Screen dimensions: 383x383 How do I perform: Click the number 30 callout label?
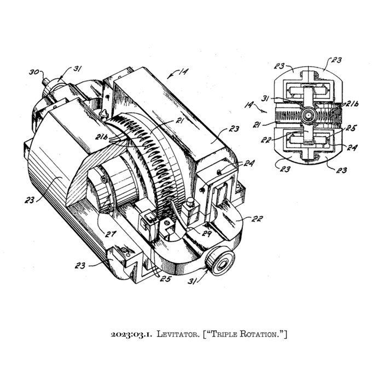point(33,71)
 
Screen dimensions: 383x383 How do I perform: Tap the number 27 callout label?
point(111,235)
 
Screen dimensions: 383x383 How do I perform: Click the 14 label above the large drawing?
point(181,71)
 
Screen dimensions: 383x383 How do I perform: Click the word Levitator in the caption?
point(173,333)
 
